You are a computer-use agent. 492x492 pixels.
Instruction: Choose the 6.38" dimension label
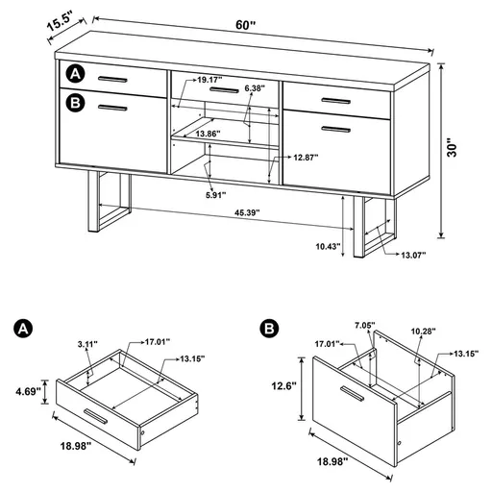pos(255,88)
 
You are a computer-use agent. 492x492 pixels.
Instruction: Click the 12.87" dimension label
pos(307,156)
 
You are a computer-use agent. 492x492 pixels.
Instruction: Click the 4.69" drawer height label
pos(25,391)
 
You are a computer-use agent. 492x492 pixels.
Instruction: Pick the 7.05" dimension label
pos(364,327)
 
